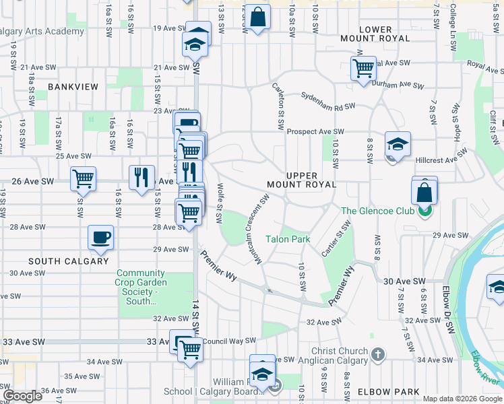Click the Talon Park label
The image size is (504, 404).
point(287,239)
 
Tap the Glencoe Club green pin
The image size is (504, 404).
point(424,211)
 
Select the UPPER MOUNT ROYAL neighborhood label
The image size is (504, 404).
point(292,179)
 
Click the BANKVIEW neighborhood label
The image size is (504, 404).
point(73,87)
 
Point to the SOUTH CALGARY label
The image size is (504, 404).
point(69,261)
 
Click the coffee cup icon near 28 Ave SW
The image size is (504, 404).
point(101,237)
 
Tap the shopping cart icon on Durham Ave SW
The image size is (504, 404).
point(363,67)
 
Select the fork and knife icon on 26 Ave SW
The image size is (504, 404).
point(141,177)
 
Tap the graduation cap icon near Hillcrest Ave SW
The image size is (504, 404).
point(398,143)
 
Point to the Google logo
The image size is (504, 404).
point(22,396)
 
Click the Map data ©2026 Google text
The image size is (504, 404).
point(462,399)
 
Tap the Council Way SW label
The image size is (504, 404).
point(229,341)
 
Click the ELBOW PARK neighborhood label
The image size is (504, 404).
point(389,391)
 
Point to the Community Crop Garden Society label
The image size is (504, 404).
point(141,288)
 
